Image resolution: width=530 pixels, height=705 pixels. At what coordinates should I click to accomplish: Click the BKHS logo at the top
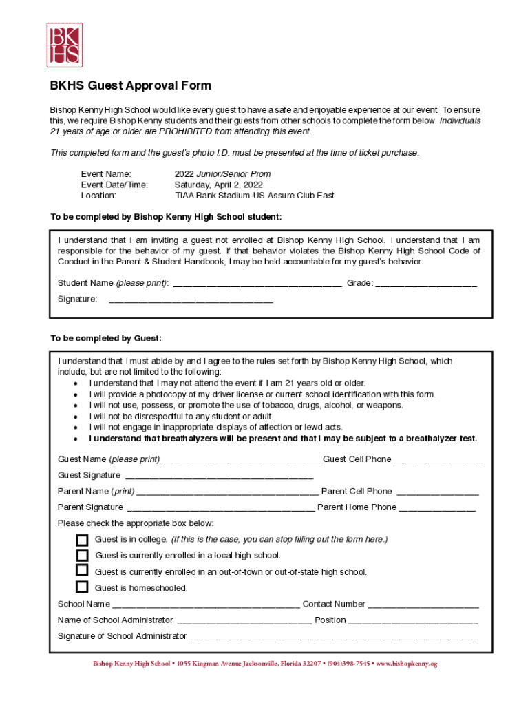(x=64, y=45)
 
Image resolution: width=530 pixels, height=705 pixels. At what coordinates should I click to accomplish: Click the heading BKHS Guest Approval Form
(x=130, y=86)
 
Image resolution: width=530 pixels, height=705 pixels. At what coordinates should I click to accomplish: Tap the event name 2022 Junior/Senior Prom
(x=222, y=174)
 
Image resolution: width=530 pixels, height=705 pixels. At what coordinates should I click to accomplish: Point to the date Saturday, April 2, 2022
(x=218, y=185)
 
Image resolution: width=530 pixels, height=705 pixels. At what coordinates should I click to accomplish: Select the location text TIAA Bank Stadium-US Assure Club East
(x=254, y=196)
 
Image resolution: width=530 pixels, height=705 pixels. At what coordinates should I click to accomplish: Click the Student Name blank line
(x=257, y=284)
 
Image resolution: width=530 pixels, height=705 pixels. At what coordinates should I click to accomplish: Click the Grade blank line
(x=426, y=284)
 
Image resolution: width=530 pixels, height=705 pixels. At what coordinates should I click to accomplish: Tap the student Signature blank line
(x=191, y=300)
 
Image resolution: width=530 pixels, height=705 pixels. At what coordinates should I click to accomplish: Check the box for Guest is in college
(x=83, y=539)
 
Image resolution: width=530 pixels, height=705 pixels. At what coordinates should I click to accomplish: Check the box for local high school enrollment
(x=83, y=555)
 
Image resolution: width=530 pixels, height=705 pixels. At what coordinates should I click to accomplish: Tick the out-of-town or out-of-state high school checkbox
(x=83, y=571)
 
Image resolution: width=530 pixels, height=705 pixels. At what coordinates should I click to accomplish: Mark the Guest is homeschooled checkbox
(x=83, y=587)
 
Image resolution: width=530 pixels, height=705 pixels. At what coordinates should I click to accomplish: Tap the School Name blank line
(x=206, y=605)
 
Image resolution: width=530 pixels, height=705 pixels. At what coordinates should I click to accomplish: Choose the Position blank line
(x=413, y=621)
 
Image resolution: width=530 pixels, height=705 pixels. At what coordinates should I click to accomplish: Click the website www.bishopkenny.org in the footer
(x=406, y=664)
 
